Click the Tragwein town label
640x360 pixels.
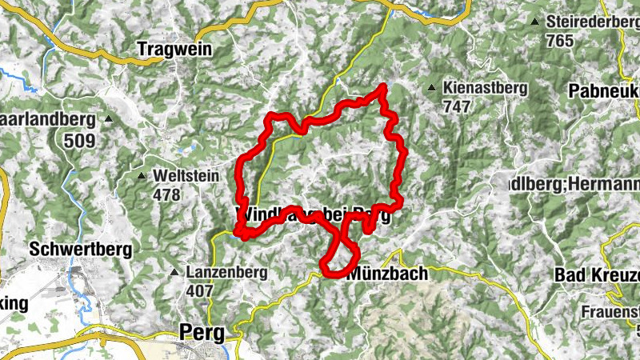[x=174, y=50]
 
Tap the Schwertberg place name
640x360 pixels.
[x=80, y=249]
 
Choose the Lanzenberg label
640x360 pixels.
[x=226, y=273]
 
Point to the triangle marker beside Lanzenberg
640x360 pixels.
[x=174, y=273]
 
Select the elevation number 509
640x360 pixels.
[x=80, y=142]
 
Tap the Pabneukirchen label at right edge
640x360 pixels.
[x=603, y=91]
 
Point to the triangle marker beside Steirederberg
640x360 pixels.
[x=534, y=22]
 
